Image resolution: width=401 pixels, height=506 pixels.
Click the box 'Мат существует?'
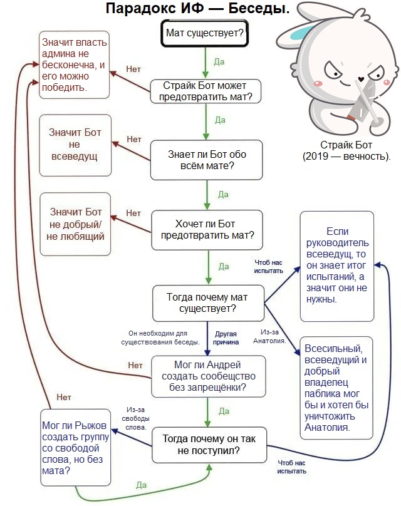tap(205, 33)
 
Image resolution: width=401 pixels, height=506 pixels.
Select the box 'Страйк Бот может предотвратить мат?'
tap(206, 91)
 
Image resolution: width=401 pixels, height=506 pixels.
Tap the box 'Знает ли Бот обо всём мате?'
tap(207, 160)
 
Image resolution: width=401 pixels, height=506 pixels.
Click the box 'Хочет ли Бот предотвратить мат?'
tap(207, 230)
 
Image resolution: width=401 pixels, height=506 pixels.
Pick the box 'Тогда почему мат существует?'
tap(208, 303)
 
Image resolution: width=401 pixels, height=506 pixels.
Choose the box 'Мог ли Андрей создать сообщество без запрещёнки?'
tap(209, 376)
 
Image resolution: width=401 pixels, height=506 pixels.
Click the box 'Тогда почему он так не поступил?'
tap(209, 445)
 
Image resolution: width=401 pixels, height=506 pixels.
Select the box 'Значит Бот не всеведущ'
tap(75, 145)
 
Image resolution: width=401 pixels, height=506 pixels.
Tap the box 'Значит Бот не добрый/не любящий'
tap(75, 224)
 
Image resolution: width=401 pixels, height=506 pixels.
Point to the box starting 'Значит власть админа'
tap(75, 65)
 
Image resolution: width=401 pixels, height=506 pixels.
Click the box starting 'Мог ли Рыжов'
tap(76, 448)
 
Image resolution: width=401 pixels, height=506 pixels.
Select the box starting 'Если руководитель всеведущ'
tap(337, 266)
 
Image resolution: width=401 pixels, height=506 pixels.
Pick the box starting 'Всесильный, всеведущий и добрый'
tap(336, 388)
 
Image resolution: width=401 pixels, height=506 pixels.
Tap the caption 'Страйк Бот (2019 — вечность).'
tap(346, 150)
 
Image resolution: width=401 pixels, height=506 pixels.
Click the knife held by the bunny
tap(362, 100)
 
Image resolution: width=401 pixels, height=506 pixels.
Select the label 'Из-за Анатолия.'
tap(269, 336)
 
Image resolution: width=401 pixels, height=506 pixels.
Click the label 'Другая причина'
tap(226, 338)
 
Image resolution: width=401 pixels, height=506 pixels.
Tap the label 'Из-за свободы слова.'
tap(135, 418)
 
